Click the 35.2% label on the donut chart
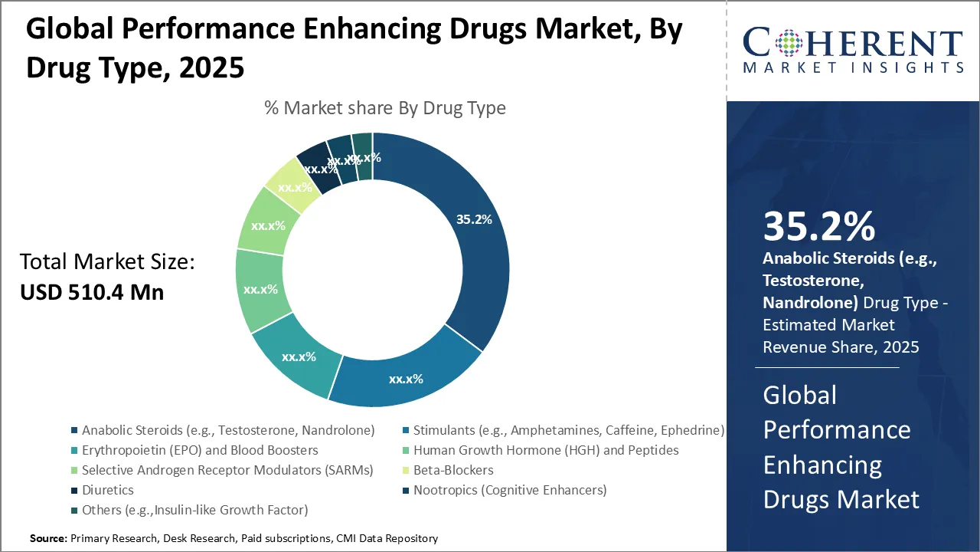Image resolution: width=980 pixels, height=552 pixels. pos(474,219)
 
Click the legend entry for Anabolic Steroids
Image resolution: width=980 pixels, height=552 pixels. pos(227,430)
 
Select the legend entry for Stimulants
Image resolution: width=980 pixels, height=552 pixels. pos(568,430)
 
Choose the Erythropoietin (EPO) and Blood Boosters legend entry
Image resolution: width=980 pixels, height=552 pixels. pos(199,450)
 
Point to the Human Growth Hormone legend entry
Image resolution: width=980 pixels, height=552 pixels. pos(545,450)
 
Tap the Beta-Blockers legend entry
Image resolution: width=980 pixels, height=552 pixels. pos(452,470)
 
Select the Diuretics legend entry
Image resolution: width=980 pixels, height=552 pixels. pos(107,490)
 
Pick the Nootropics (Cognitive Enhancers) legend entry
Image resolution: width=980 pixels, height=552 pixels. pos(509,490)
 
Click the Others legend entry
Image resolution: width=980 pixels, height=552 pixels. pos(194,510)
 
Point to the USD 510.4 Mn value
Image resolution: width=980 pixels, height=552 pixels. pos(92,292)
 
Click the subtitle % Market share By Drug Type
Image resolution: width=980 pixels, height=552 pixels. pos(384,108)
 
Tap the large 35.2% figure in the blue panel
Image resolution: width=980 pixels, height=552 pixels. pos(818,227)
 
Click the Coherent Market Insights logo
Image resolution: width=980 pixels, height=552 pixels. pos(853,50)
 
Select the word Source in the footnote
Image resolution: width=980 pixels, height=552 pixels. pos(48,539)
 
